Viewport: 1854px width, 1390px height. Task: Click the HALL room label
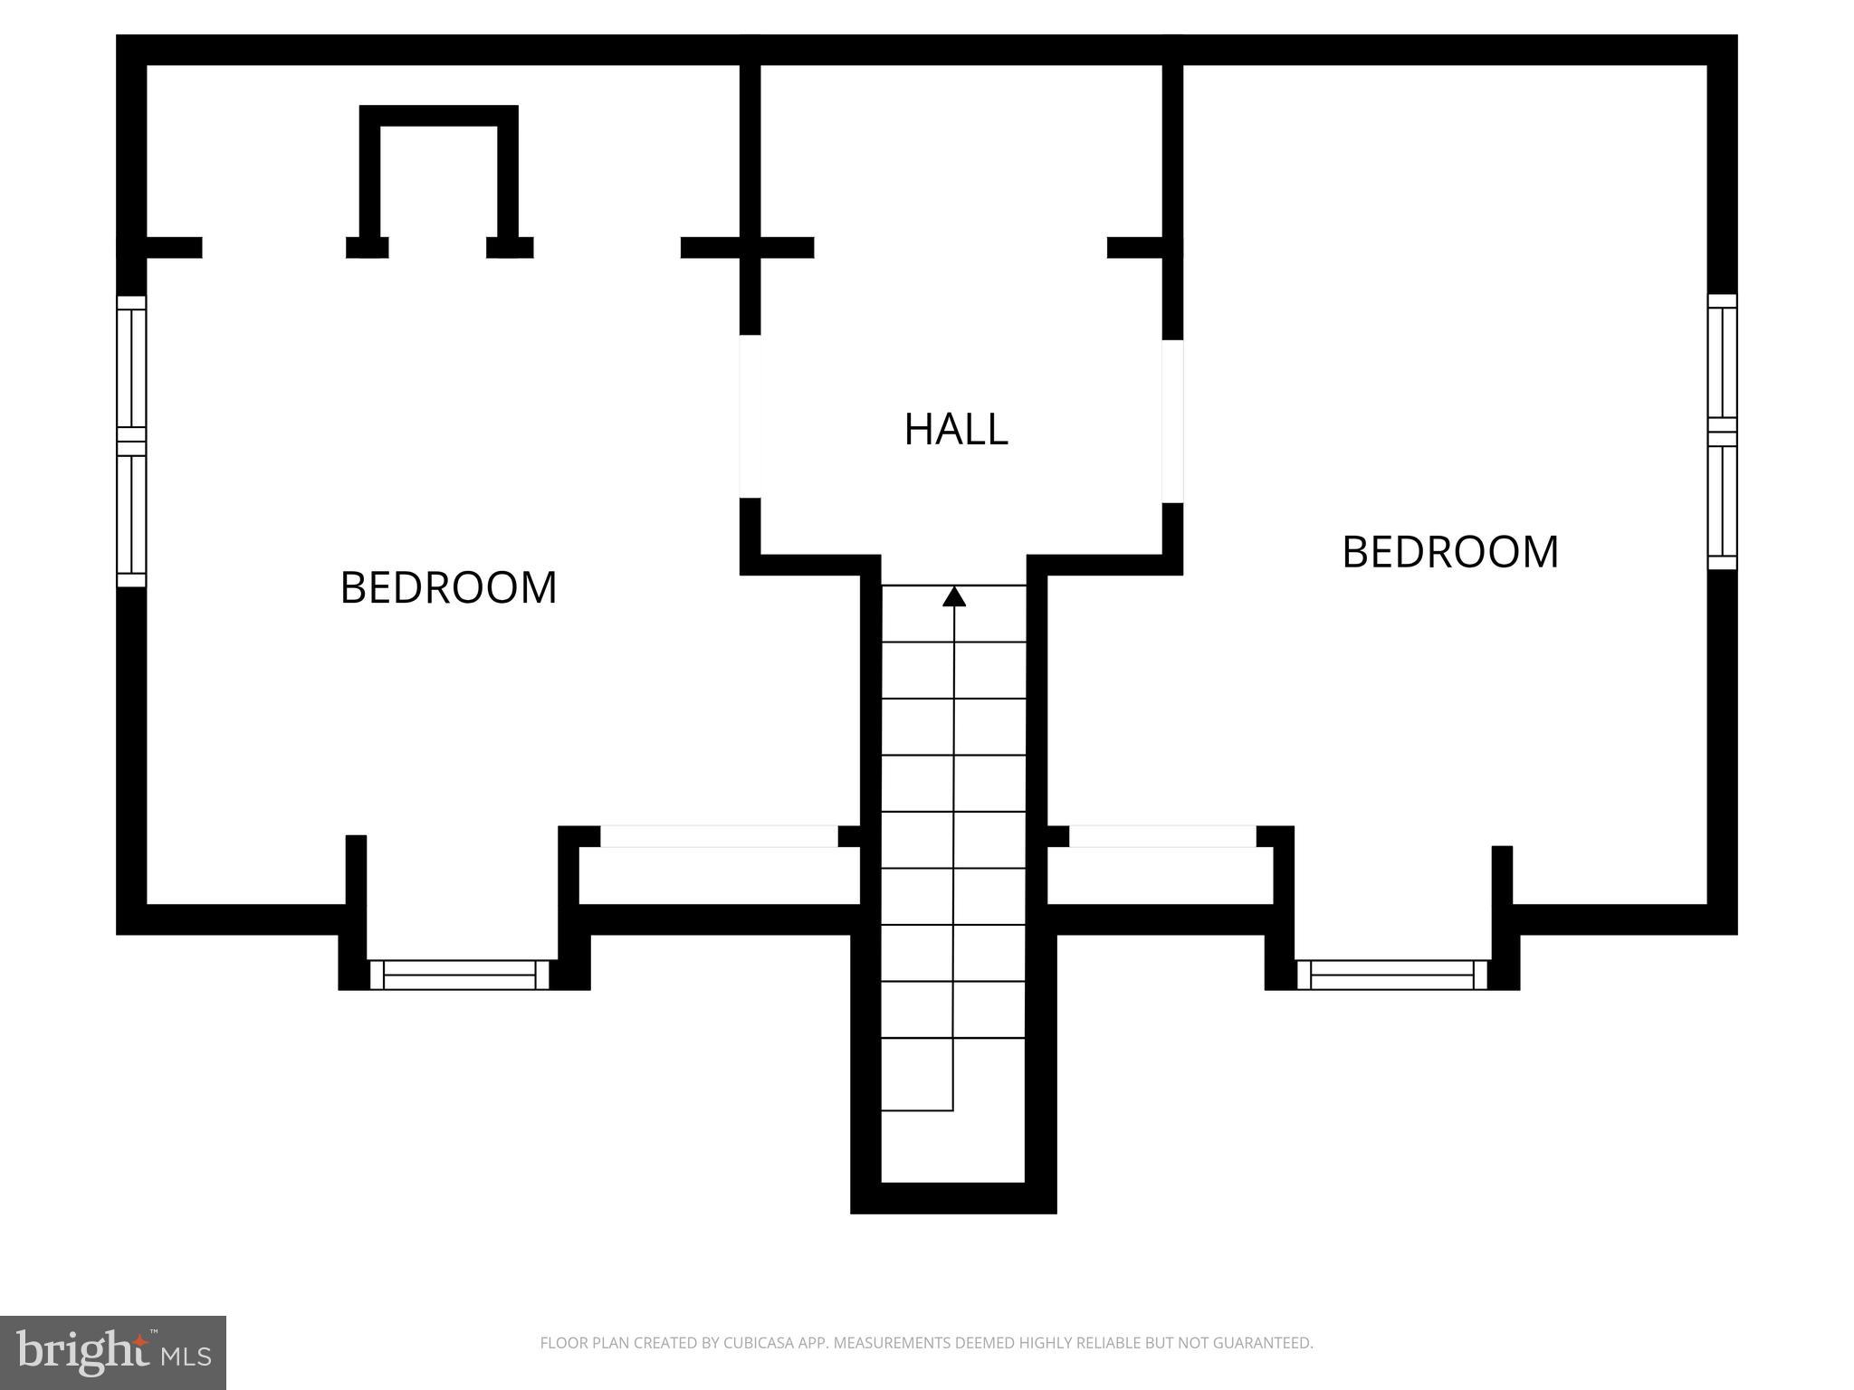[955, 430]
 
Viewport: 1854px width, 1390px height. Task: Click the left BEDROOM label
[448, 588]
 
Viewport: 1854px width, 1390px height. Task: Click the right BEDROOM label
[1449, 552]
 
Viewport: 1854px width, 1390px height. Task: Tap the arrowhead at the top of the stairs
[954, 596]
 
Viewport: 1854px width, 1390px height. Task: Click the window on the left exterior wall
[131, 441]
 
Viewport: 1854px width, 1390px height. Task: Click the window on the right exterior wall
[1722, 432]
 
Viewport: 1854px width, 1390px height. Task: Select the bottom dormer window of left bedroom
[460, 975]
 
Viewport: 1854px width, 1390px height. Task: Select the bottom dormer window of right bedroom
[1391, 975]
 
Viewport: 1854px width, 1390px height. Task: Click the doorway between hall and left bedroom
[750, 416]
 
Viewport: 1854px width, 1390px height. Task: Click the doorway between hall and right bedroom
[1172, 421]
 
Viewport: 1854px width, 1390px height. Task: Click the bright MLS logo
[113, 1353]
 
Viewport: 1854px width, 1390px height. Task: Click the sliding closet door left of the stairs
[720, 836]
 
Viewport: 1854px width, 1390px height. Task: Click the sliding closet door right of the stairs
[1162, 836]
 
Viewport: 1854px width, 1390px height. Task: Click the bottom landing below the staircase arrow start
[953, 1146]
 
